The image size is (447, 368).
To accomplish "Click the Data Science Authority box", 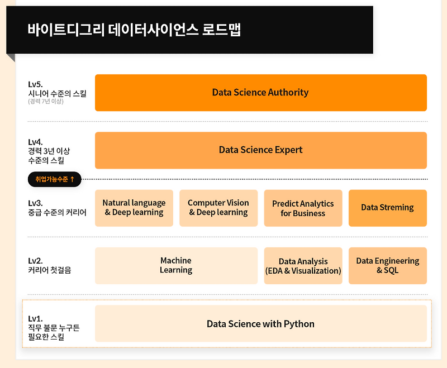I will tap(260, 93).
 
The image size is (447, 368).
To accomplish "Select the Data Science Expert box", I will tap(260, 150).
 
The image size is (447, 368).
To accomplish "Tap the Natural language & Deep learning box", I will tap(134, 208).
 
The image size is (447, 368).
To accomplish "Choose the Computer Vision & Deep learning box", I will tap(218, 208).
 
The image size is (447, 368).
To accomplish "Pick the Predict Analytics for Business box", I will tap(303, 208).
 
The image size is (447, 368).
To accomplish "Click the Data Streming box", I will tap(387, 208).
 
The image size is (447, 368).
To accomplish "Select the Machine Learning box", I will tap(176, 265).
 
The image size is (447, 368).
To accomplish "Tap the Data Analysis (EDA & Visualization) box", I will tap(303, 266).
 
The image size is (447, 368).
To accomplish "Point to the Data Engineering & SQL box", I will tap(387, 266).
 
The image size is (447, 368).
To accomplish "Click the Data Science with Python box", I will tap(260, 324).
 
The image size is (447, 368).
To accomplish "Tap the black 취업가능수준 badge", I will tap(55, 179).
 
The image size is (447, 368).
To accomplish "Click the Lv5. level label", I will tap(35, 84).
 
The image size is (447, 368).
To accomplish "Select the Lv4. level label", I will tap(35, 142).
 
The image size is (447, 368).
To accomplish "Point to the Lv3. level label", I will tap(35, 203).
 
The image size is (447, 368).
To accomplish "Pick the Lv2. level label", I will tap(35, 261).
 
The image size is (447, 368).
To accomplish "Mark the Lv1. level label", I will tap(35, 318).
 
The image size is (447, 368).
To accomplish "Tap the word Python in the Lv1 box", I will tap(299, 324).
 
